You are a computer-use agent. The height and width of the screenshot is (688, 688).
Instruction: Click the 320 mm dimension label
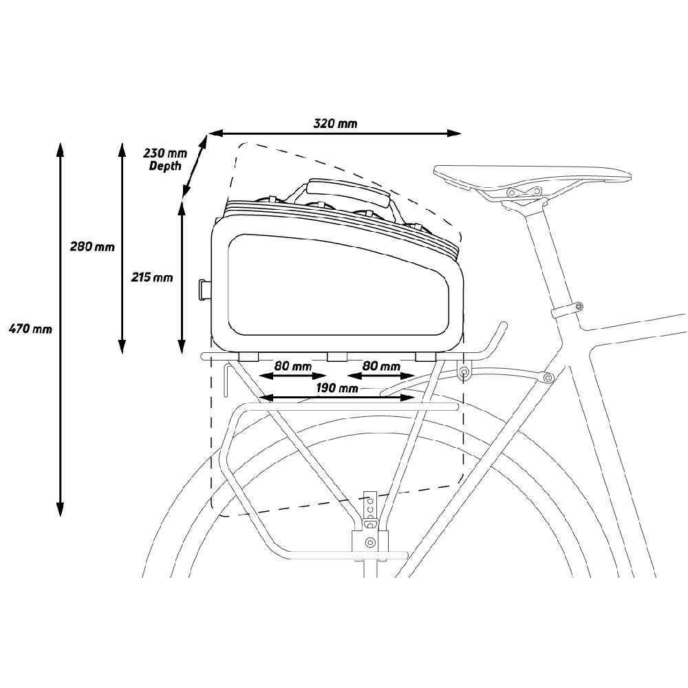335,123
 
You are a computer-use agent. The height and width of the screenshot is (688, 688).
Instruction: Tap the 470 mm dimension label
30,328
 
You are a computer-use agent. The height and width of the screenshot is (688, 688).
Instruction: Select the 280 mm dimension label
92,246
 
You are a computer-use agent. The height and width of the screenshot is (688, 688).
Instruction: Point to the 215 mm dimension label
152,277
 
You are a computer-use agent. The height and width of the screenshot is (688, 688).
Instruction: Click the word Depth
165,166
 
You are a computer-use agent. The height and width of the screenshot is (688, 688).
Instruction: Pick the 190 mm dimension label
336,388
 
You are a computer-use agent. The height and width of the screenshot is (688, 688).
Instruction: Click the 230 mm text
165,153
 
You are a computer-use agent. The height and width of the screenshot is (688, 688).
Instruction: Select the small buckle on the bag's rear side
204,290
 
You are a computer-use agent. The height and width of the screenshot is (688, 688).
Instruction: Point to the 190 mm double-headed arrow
337,398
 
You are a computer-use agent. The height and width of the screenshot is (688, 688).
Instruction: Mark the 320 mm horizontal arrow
335,133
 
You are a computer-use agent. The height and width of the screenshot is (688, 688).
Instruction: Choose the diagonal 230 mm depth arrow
195,166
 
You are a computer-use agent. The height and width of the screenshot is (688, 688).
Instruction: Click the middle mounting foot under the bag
336,356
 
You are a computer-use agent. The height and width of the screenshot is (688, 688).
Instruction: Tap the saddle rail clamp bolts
524,191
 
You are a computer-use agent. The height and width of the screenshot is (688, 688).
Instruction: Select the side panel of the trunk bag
338,286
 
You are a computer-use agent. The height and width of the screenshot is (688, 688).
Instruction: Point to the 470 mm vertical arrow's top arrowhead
61,149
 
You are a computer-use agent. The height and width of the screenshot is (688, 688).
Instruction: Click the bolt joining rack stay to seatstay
547,377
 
